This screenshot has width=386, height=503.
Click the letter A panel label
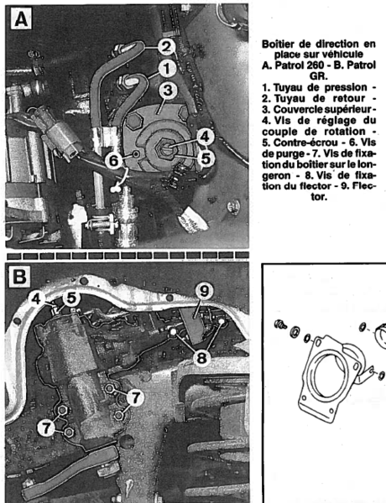pos(21,19)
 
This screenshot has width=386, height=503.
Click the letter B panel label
pos(19,276)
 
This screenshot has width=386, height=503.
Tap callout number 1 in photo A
pos(167,69)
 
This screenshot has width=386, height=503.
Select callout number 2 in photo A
pos(166,47)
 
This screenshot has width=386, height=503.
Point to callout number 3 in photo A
pos(168,91)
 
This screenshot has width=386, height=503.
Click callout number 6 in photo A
pos(113,160)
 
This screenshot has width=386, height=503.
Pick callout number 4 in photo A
pos(205,137)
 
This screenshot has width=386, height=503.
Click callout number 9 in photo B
pos(204,292)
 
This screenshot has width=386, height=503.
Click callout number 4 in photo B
pos(37,298)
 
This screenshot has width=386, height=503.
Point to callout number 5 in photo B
pos(71,298)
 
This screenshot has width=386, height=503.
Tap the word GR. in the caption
pos(319,76)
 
